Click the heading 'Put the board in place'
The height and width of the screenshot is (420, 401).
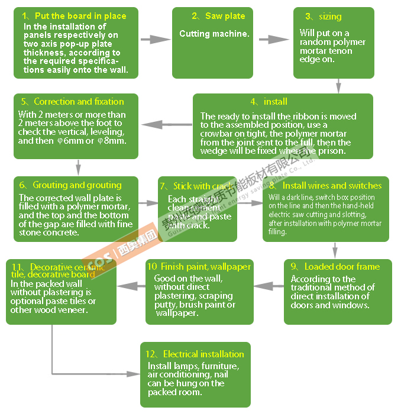click(80, 16)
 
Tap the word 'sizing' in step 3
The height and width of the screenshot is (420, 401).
click(330, 17)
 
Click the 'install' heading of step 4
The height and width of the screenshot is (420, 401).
click(276, 102)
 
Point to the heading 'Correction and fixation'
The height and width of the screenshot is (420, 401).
click(79, 102)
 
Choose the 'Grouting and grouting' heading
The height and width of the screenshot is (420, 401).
click(77, 185)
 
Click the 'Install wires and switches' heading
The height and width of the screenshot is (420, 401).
click(332, 185)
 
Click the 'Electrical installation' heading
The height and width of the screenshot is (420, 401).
click(203, 354)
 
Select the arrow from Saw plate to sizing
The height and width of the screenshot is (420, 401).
click(274, 40)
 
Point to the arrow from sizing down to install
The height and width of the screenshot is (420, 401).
click(338, 86)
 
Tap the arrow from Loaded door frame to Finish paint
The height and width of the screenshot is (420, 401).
click(269, 286)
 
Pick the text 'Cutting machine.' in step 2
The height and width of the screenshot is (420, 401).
click(214, 34)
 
